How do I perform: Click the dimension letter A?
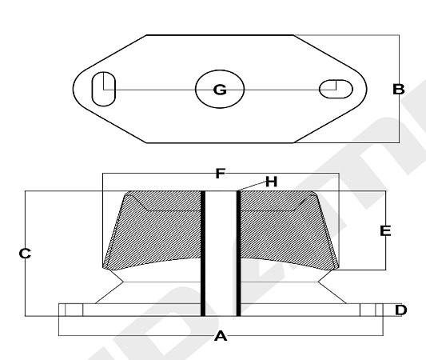(221, 336)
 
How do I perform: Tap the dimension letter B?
(399, 89)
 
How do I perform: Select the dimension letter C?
(25, 254)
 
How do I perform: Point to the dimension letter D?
(401, 310)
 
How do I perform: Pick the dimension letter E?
(385, 231)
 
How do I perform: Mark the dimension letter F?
(221, 174)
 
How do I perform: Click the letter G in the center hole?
(220, 90)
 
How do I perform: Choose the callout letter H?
(271, 182)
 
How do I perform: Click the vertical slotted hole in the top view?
(104, 89)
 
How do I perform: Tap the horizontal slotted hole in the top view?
(336, 89)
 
